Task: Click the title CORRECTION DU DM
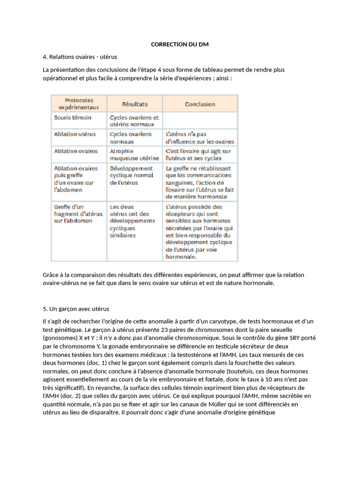180,44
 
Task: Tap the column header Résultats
135,104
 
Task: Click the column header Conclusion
200,104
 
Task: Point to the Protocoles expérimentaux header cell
79,104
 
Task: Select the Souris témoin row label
73,118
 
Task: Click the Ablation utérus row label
75,134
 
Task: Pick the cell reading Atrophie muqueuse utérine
134,155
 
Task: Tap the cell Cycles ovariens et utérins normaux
134,121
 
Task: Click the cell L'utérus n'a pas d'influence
200,138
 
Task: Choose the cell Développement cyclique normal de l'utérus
132,175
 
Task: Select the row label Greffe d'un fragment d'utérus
78,214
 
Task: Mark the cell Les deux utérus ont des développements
132,221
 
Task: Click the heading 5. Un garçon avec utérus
76,309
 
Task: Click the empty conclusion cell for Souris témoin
200,121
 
